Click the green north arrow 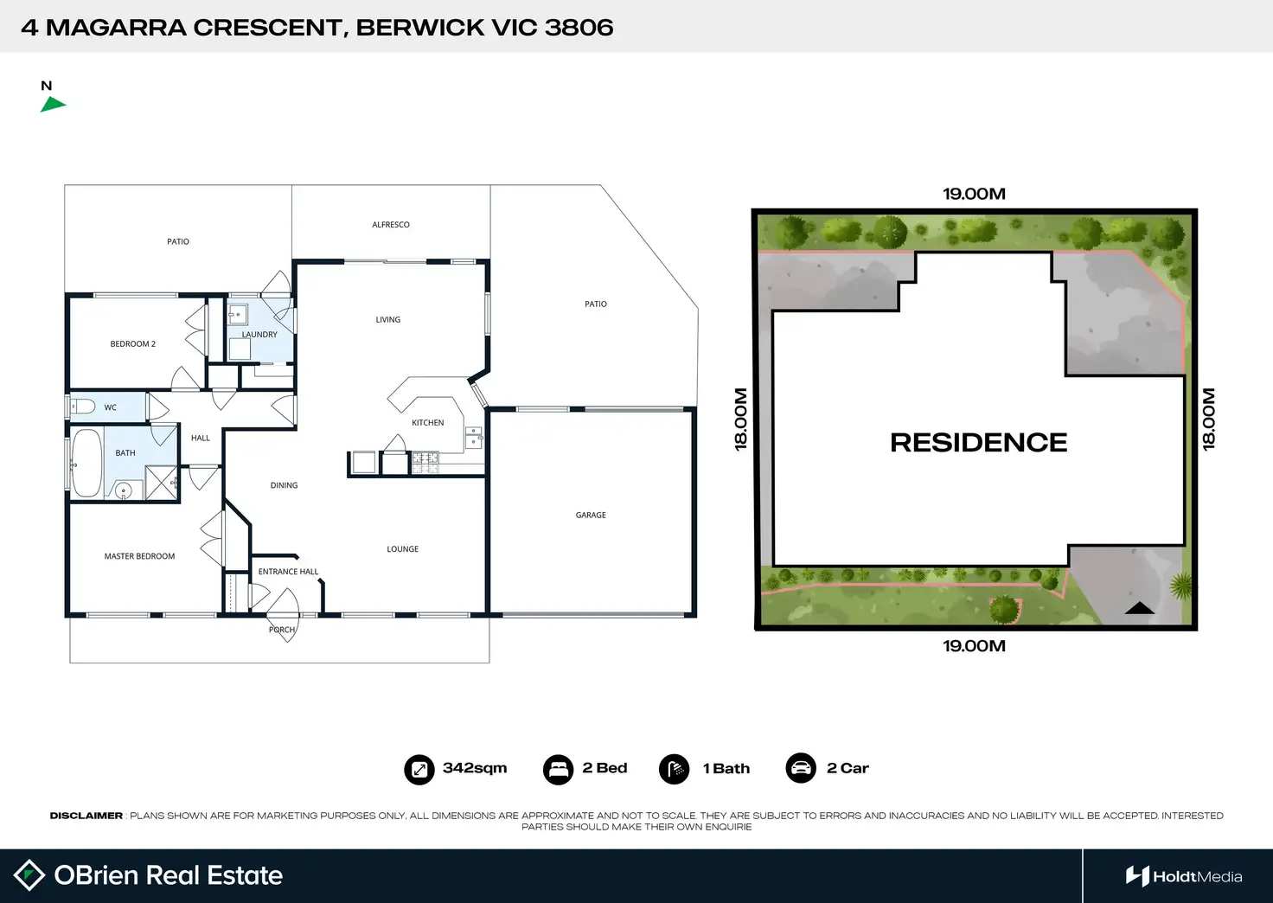click(52, 105)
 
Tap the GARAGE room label click(591, 515)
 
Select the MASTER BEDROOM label click(139, 556)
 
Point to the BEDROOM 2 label click(133, 344)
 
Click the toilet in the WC click(83, 407)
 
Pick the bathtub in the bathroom click(86, 463)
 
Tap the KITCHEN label click(427, 423)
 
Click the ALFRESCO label click(391, 225)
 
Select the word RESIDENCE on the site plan click(978, 443)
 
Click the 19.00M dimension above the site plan click(974, 194)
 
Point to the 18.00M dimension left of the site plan click(741, 419)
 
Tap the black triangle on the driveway click(1139, 608)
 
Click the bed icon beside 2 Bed click(558, 769)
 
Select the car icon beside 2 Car click(801, 768)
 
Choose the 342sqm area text click(475, 768)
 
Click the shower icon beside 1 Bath click(675, 769)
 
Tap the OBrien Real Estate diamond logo click(29, 875)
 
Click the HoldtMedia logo click(1184, 876)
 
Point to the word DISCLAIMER click(86, 816)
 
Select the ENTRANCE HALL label click(288, 572)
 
